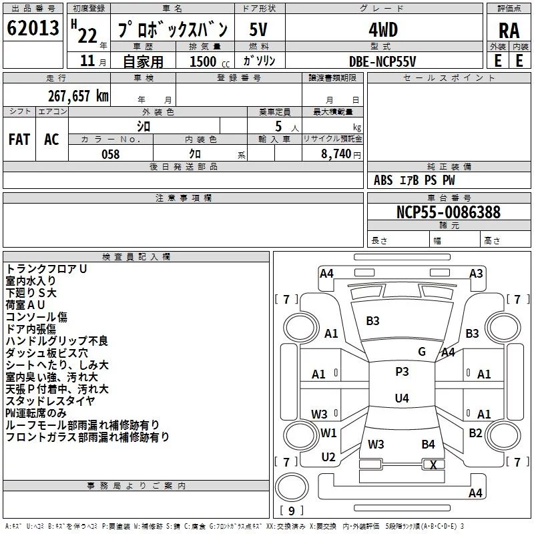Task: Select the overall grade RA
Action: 509,31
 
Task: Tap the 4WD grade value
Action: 382,30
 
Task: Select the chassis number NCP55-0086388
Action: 448,212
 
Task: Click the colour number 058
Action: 110,154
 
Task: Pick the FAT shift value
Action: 19,140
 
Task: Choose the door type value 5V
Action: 258,30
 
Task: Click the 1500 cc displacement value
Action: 204,61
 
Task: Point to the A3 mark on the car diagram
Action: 476,273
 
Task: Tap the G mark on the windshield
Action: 422,352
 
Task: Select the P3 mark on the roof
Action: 402,372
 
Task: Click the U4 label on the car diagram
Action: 401,398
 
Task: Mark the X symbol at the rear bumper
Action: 434,465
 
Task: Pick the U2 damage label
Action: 328,457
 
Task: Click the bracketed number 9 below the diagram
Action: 290,511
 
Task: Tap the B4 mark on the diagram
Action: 428,444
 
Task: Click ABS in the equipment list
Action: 383,180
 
